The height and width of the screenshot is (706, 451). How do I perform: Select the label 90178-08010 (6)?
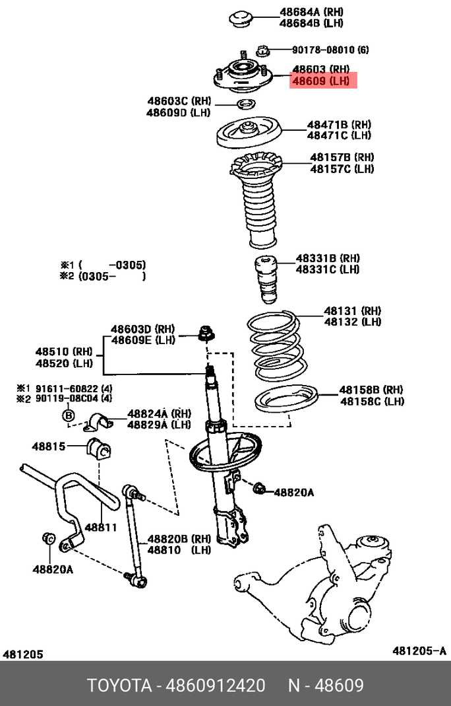[x=330, y=50]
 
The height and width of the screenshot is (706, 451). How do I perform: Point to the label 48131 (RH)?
[x=352, y=310]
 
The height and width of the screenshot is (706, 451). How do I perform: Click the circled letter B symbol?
[x=68, y=415]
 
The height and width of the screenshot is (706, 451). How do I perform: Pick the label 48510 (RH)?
[x=64, y=351]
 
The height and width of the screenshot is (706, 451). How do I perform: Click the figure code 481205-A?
[x=419, y=651]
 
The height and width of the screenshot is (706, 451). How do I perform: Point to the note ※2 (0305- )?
[x=102, y=276]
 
